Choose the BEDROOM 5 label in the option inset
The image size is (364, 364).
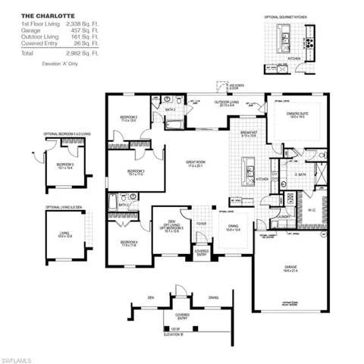[x=64, y=164]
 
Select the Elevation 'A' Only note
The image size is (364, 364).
[x=58, y=66]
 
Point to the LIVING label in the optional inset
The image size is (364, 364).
[x=64, y=234]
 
